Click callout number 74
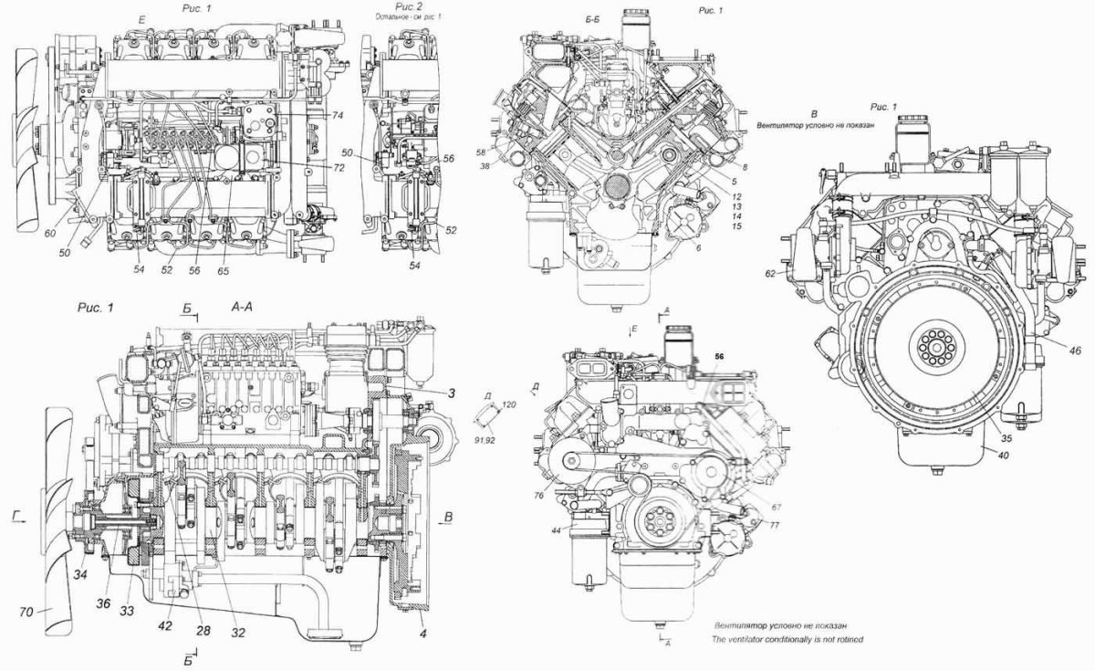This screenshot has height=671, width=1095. coord(337,116)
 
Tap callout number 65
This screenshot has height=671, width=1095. coord(224,272)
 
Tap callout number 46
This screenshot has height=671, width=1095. coord(1050,350)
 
